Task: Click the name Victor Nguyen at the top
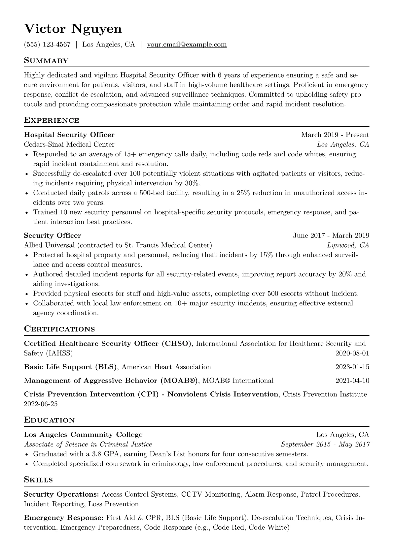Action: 73,29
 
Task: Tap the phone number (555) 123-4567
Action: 47,45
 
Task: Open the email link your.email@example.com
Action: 187,45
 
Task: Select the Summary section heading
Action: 46,61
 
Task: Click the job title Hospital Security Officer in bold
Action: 69,135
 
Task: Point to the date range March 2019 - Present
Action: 335,135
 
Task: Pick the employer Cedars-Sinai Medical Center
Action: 69,144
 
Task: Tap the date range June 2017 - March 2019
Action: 331,235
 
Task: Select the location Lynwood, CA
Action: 348,245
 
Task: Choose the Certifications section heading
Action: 59,329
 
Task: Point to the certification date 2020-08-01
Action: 352,354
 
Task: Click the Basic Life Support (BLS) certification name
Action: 71,367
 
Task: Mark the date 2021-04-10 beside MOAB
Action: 352,381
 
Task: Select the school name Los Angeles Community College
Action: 83,435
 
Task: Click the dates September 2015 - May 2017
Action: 325,445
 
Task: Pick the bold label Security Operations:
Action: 61,494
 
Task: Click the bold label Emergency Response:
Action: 64,518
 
